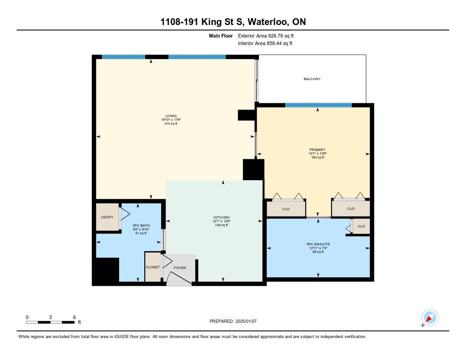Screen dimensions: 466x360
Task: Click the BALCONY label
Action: click(312, 79)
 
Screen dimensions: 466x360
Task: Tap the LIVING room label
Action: click(171, 116)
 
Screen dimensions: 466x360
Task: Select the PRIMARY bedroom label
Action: click(317, 150)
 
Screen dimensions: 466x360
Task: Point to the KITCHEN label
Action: click(222, 217)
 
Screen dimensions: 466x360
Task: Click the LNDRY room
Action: click(107, 217)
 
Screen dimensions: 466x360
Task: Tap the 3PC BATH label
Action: click(141, 226)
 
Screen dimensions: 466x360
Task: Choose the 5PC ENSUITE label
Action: click(318, 244)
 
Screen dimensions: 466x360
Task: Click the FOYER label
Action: click(180, 268)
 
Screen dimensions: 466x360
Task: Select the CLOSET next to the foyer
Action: click(153, 267)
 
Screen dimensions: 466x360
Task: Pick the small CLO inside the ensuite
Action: click(361, 226)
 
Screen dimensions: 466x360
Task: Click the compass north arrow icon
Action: click(430, 318)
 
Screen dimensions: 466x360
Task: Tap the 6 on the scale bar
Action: click(74, 317)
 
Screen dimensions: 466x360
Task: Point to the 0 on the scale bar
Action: click(27, 317)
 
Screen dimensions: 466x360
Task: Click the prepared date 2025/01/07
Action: click(246, 321)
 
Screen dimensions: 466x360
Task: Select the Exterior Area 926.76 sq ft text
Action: click(266, 36)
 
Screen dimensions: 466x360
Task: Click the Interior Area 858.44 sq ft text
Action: click(265, 43)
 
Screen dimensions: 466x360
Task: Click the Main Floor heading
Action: click(221, 36)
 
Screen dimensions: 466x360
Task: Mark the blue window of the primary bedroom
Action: click(318, 105)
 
